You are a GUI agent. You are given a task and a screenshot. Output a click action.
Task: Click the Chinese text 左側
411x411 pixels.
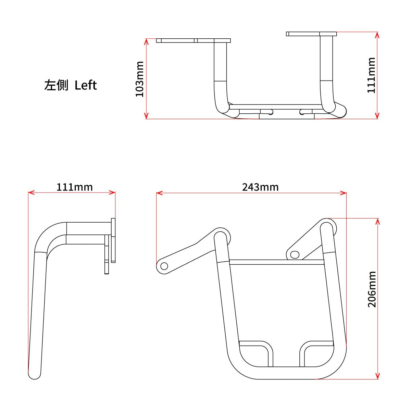point(56,85)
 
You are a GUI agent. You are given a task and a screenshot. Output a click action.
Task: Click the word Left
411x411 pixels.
point(86,85)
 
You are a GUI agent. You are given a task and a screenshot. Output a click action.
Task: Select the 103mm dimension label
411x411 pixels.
point(140,79)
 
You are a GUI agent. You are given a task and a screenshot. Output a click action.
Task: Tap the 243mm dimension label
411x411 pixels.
point(260,187)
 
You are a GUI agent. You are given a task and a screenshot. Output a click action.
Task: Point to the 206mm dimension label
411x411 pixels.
point(372,289)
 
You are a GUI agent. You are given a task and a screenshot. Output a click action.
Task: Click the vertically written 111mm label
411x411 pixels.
point(371,75)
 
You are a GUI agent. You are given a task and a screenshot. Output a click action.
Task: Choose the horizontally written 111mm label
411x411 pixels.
point(74,187)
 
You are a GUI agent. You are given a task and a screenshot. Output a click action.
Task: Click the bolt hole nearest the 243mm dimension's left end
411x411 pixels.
point(164,266)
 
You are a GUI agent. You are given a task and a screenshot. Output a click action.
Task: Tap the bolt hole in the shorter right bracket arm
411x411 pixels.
point(295,254)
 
